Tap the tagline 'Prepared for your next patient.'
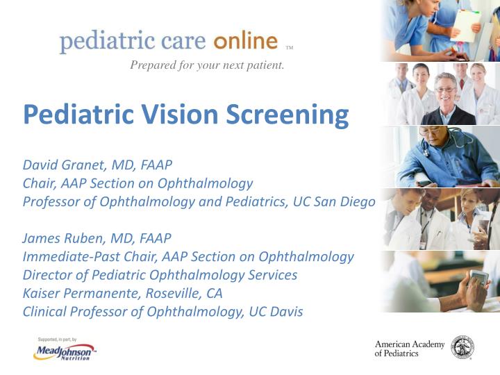207,67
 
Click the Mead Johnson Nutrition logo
64,352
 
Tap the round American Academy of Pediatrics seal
462,347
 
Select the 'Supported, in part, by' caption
60,338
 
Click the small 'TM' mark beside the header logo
290,49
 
